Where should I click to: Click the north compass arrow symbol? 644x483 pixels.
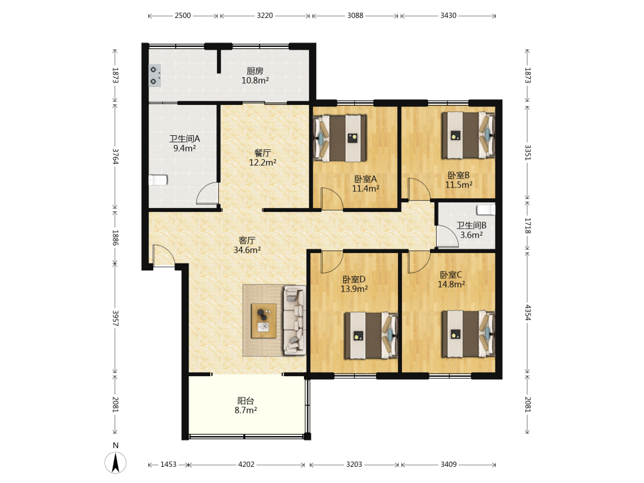[x=116, y=462]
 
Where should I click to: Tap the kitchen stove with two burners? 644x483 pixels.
[x=155, y=75]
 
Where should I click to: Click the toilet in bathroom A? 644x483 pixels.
[x=158, y=180]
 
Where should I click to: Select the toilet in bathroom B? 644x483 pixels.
[x=486, y=210]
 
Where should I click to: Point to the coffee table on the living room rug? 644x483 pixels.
[x=263, y=321]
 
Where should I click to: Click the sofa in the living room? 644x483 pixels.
[x=294, y=320]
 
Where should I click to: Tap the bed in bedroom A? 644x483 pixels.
[x=340, y=138]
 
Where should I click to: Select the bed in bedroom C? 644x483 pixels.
[x=468, y=334]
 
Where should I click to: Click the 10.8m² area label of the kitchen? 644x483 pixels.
[x=255, y=80]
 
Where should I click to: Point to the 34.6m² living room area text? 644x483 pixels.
[x=247, y=250]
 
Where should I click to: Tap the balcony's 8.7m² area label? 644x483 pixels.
[x=245, y=410]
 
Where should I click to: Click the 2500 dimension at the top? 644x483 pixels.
[x=183, y=15]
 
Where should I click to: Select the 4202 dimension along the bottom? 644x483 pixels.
[x=246, y=464]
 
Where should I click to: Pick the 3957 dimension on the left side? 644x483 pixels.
[x=115, y=318]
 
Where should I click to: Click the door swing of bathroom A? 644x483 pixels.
[x=207, y=193]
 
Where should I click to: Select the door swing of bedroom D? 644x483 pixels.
[x=332, y=262]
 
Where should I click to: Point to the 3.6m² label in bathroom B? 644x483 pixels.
[x=471, y=235]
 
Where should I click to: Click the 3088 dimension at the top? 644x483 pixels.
[x=355, y=15]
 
